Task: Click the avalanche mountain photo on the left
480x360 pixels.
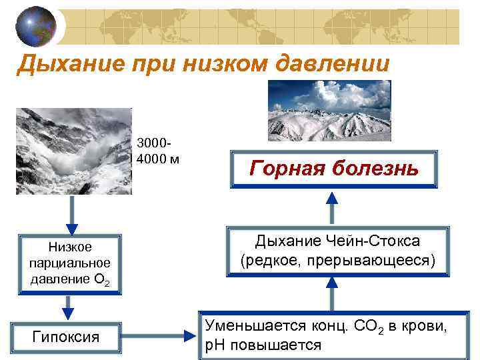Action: (x=73, y=151)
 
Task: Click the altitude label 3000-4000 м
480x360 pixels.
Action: (x=157, y=151)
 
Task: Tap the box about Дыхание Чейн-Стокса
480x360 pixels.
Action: (x=337, y=251)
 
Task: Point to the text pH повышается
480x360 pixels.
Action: (x=263, y=345)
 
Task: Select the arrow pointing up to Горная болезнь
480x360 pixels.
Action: (x=333, y=205)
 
